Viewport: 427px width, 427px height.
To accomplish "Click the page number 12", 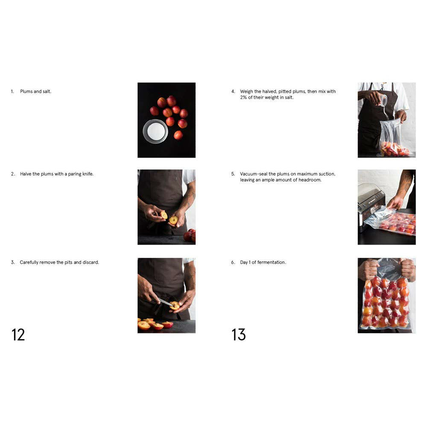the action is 18,335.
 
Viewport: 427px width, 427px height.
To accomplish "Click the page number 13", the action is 239,335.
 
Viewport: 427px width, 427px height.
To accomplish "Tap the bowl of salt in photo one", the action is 155,131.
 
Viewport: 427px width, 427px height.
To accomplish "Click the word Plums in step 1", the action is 26,91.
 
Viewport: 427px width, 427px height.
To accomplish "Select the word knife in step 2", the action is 88,174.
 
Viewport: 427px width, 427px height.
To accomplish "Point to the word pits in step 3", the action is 68,263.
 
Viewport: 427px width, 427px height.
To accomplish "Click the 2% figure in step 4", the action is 243,97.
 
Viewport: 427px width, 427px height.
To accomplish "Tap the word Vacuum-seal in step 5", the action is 254,174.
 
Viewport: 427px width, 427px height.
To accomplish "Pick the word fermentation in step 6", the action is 272,263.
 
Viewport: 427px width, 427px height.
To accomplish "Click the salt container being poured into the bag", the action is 383,101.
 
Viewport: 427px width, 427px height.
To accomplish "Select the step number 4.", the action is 233,91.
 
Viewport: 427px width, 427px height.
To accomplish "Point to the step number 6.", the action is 233,263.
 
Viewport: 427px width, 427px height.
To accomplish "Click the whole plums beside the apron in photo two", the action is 190,236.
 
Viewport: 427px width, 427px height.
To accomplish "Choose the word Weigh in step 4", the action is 246,91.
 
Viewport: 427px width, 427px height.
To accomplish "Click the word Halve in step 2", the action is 26,174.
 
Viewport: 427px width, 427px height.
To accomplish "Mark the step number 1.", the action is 12,91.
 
